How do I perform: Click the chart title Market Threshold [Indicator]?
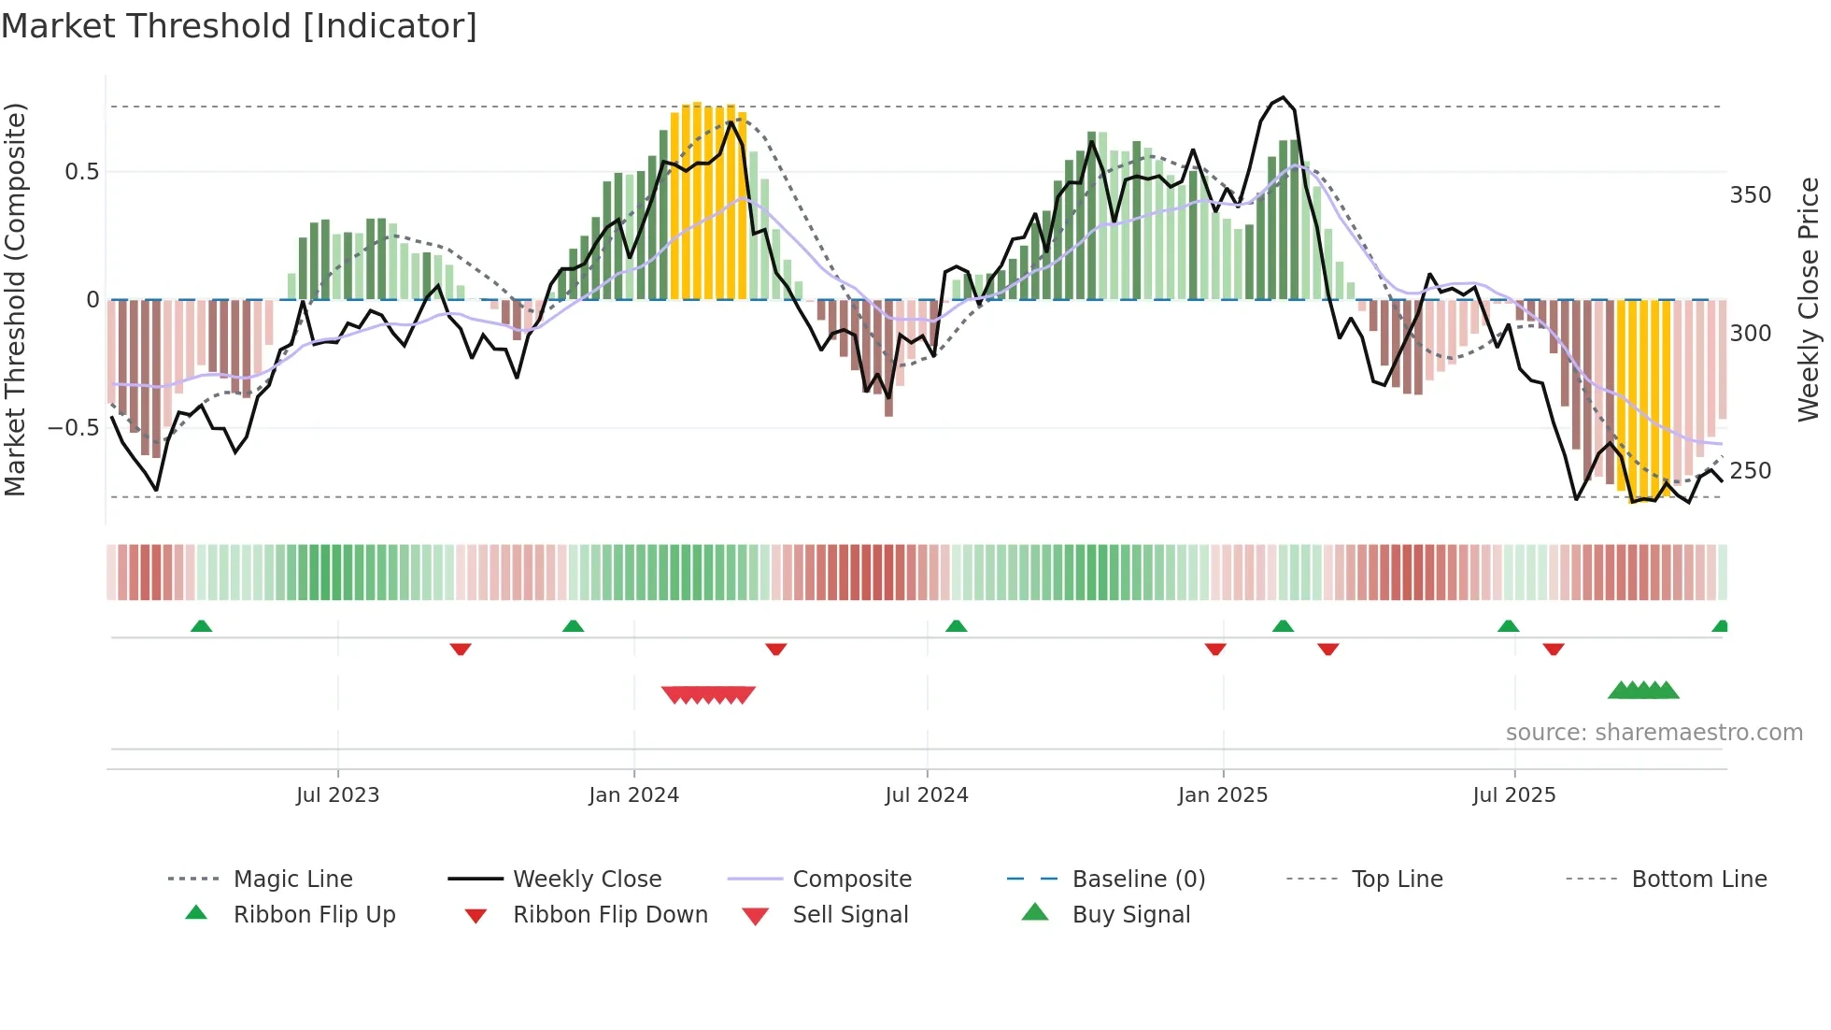point(239,26)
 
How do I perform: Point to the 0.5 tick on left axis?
point(81,172)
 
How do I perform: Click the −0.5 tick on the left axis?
point(74,428)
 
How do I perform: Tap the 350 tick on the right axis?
point(1750,195)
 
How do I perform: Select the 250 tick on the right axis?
point(1750,471)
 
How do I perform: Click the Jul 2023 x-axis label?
point(337,795)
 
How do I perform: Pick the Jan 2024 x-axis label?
point(633,795)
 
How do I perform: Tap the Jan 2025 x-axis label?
point(1222,795)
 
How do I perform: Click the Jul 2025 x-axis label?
point(1513,795)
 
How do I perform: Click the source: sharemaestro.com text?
point(1654,733)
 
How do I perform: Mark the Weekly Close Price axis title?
point(1809,299)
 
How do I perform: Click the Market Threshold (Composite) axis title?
point(15,299)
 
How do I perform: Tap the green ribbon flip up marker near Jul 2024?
point(956,626)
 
